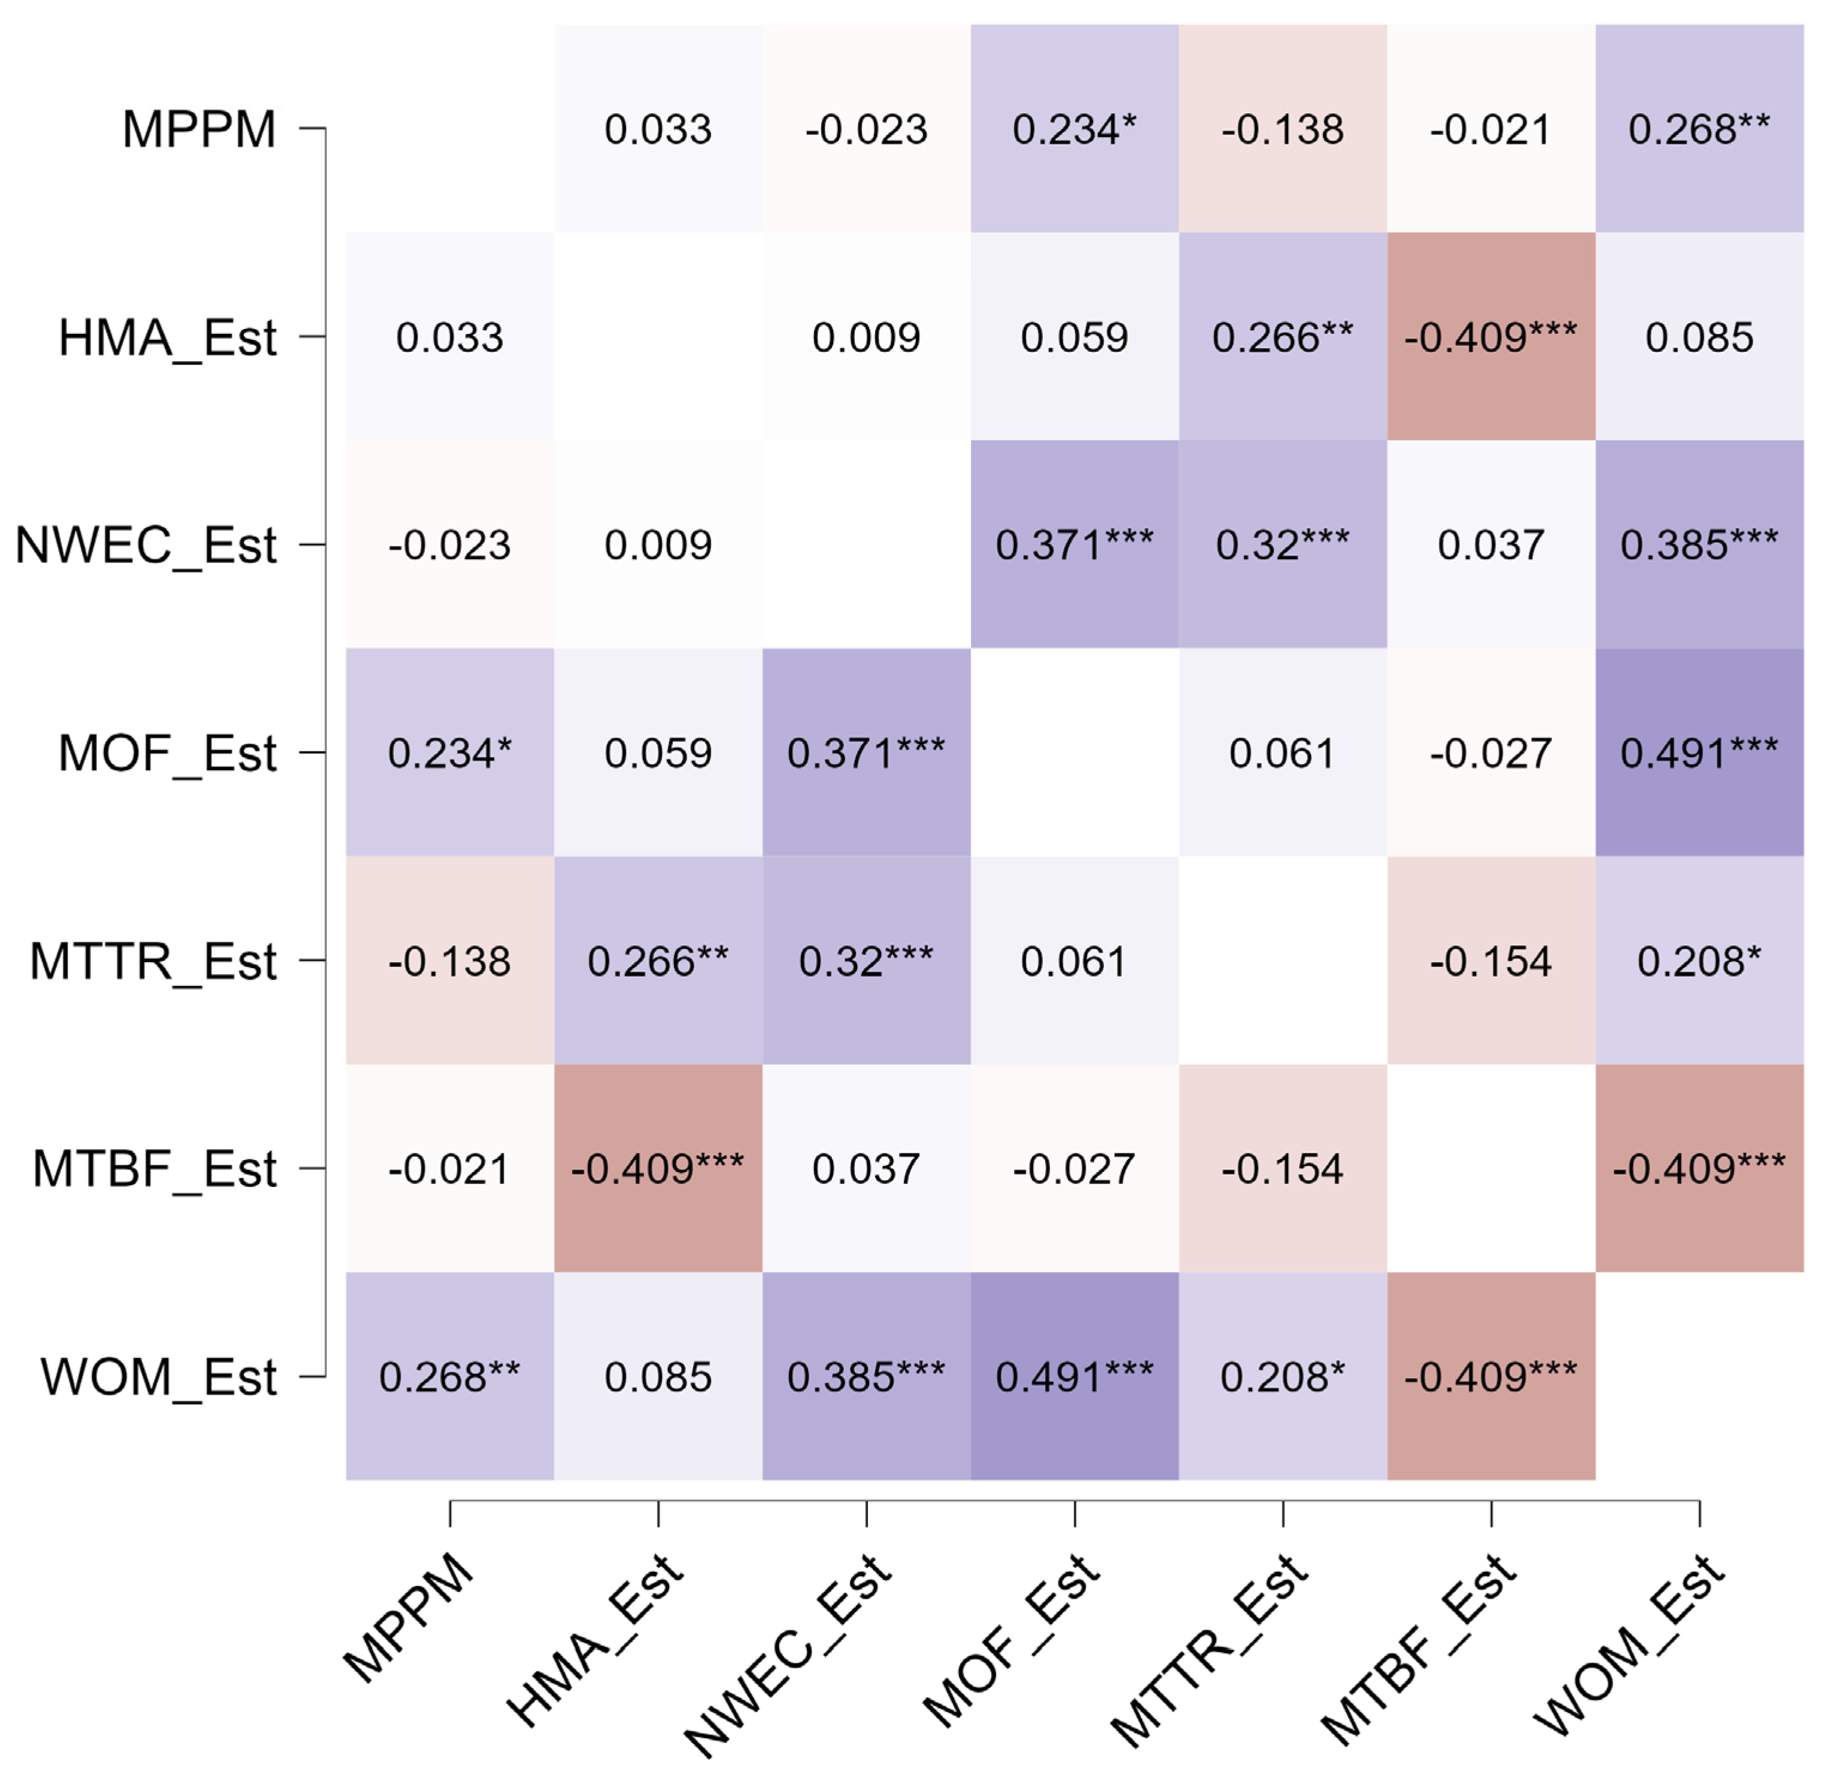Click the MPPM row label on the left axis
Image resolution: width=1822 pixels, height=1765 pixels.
point(199,129)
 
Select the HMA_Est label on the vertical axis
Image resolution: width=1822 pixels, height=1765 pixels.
point(168,337)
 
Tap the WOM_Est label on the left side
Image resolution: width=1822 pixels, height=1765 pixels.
point(158,1377)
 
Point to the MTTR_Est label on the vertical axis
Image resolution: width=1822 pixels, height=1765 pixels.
point(153,961)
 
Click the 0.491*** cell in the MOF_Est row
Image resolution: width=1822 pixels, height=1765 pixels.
point(1699,753)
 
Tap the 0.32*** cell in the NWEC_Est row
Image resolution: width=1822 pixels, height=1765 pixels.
point(1283,544)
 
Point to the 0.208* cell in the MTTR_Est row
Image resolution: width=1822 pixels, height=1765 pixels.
point(1699,961)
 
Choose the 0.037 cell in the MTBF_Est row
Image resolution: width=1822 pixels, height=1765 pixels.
point(866,1169)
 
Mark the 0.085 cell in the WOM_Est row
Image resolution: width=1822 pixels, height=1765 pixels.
point(658,1377)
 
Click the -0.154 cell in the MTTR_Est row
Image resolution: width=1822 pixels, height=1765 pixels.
point(1491,961)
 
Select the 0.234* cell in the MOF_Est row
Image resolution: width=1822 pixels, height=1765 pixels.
point(450,753)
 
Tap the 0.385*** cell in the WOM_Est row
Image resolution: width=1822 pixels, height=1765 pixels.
point(866,1377)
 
